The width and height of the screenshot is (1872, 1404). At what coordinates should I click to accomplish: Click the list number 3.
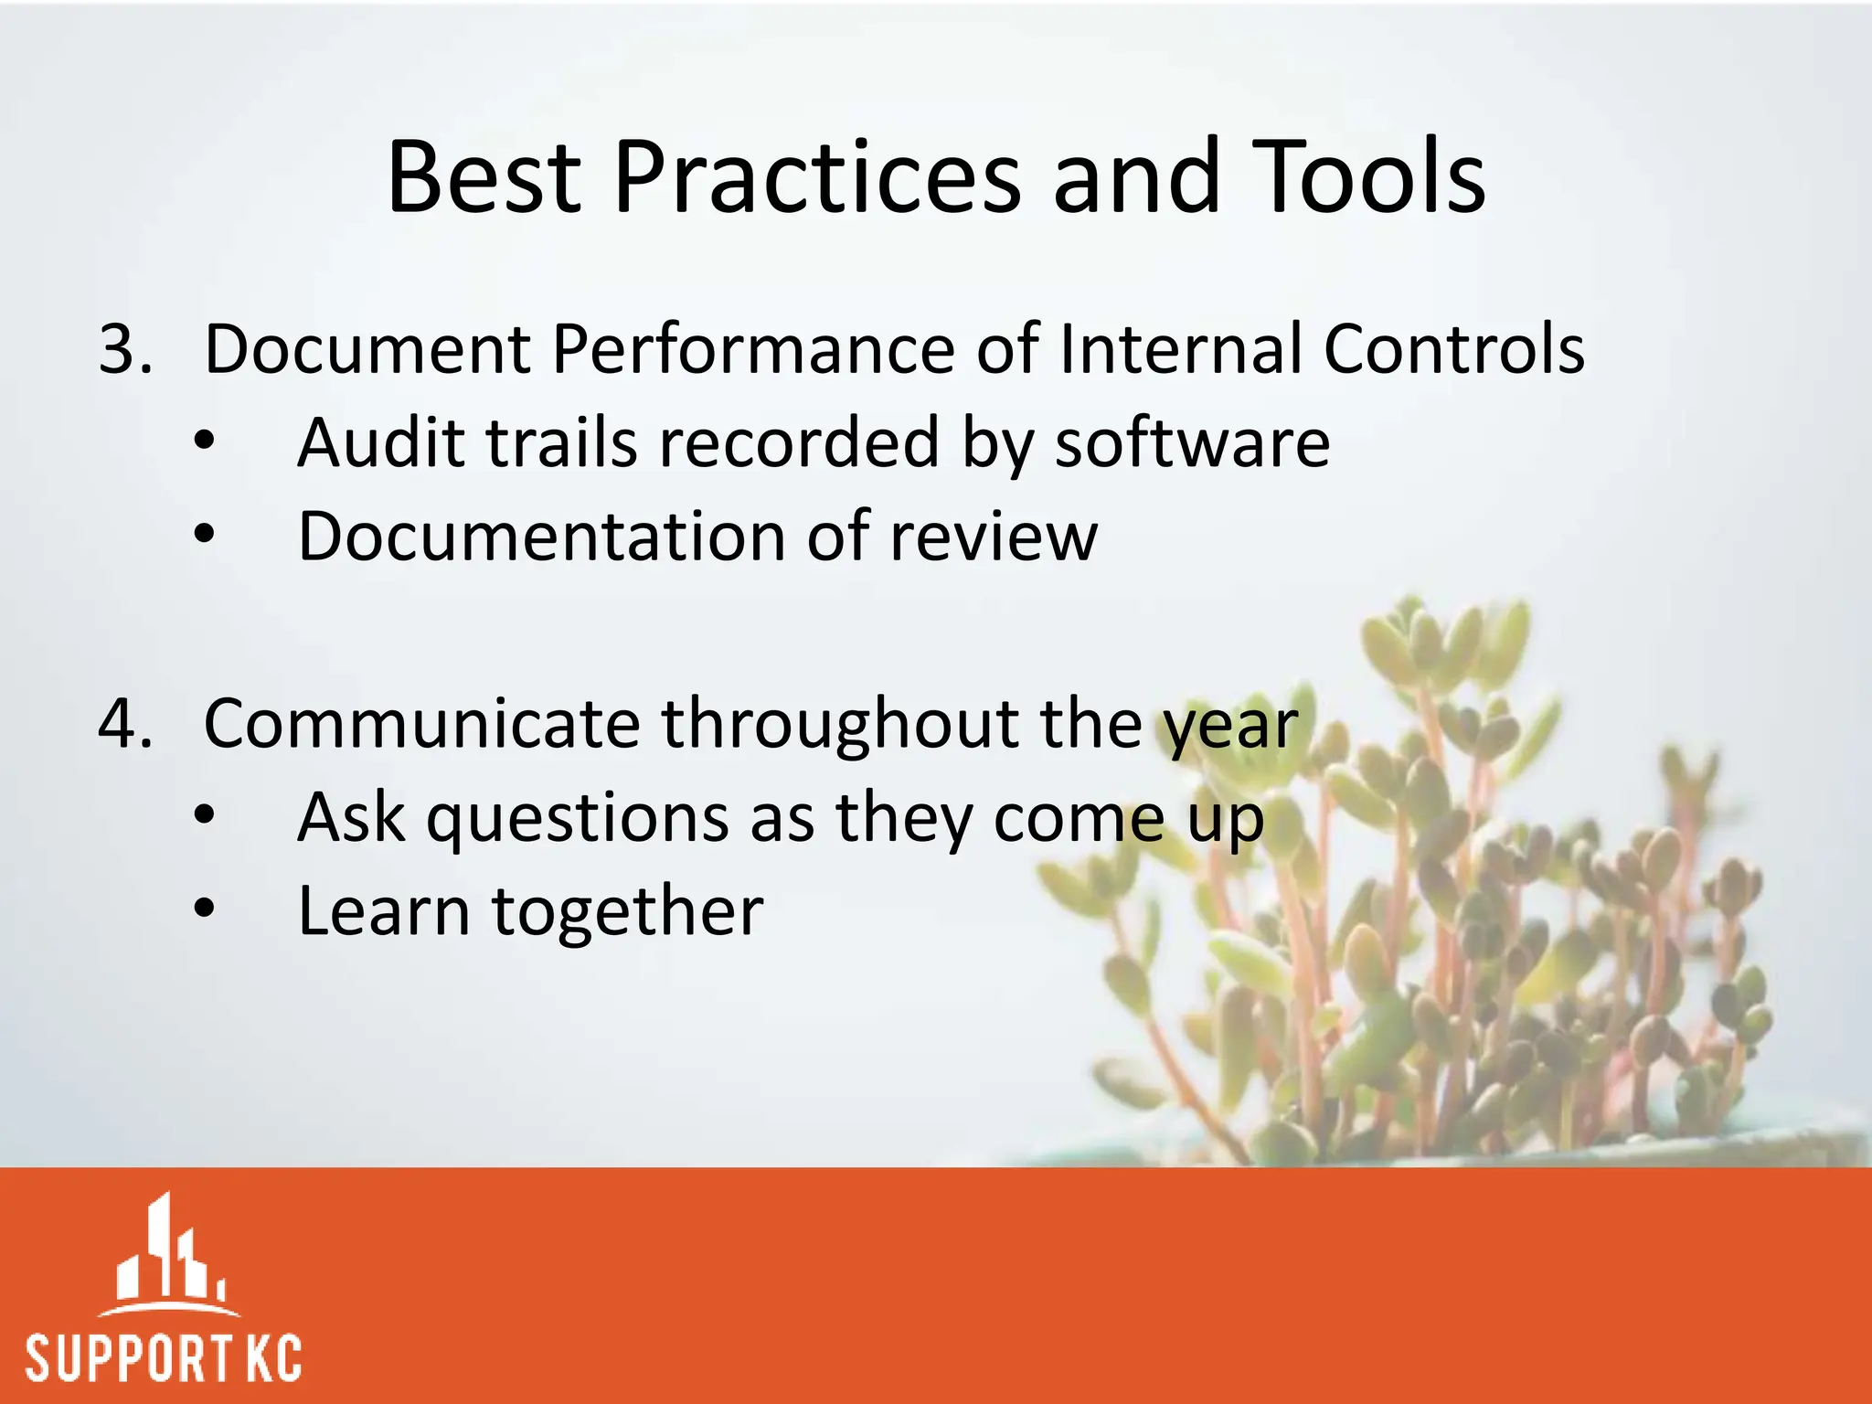[x=124, y=349]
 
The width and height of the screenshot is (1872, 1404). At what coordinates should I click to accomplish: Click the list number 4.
[x=124, y=724]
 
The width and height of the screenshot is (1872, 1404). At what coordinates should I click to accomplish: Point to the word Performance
[x=752, y=349]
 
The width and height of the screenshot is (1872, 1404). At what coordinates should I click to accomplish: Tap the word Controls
[x=1453, y=349]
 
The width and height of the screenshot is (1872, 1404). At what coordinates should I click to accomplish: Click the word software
[x=1192, y=443]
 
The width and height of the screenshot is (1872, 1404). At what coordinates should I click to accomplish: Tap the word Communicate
[x=421, y=724]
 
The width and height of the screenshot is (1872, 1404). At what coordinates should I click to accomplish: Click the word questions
[x=578, y=819]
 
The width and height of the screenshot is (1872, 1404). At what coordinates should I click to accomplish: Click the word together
[x=627, y=913]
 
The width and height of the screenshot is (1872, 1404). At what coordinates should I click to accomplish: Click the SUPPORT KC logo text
[x=163, y=1358]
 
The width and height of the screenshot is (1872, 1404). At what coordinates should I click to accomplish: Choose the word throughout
[x=840, y=724]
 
